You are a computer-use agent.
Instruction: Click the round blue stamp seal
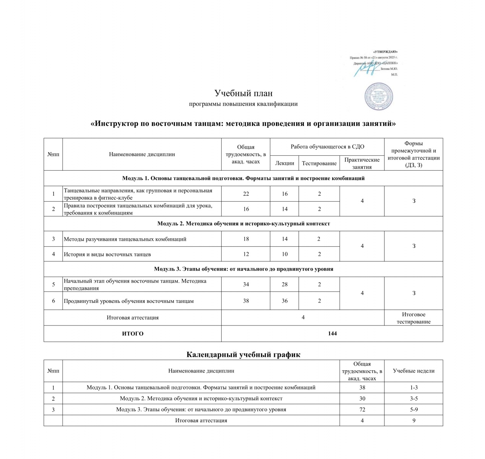(x=378, y=96)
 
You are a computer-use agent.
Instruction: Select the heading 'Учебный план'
(x=243, y=93)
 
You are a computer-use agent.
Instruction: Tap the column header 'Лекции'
(x=285, y=163)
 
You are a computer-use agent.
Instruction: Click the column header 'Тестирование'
(x=319, y=163)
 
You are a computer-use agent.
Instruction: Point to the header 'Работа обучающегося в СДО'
(x=327, y=146)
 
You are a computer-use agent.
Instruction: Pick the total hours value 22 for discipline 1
(x=246, y=194)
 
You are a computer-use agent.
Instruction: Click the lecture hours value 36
(x=285, y=301)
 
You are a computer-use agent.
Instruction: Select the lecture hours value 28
(x=285, y=285)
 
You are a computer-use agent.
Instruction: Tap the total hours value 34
(x=246, y=285)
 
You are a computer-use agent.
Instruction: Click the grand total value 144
(x=332, y=334)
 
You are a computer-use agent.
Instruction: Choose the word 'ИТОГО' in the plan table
(x=133, y=334)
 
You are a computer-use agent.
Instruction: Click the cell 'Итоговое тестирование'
(x=414, y=318)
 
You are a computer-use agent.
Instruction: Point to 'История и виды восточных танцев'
(x=107, y=254)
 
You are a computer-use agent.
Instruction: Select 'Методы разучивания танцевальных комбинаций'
(x=125, y=239)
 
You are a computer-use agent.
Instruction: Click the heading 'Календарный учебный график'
(x=243, y=355)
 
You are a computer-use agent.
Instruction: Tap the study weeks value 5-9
(x=414, y=409)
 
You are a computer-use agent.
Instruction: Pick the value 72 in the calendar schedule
(x=362, y=409)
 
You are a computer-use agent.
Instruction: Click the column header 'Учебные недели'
(x=414, y=371)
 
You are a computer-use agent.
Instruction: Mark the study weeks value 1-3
(x=414, y=387)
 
